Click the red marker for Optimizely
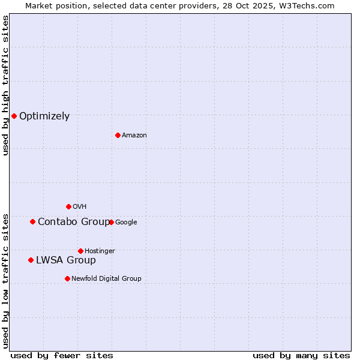14,116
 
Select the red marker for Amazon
118,135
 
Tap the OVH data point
68,206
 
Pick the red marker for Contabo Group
32,221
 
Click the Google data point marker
111,222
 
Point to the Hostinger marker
80,251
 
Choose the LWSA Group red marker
31,260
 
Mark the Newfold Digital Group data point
67,278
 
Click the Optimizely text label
44,116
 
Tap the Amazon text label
134,136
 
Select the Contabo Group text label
74,222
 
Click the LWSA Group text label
66,260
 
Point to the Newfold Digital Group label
106,278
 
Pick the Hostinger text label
100,251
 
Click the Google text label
126,223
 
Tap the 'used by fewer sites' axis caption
62,355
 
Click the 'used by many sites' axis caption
301,355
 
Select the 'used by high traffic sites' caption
5,85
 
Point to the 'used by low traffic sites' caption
5,280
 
